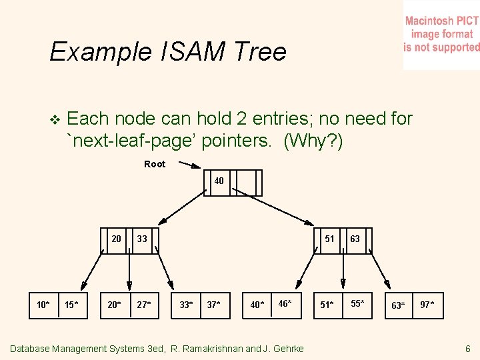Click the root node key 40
219,181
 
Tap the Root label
155,164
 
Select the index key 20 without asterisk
116,239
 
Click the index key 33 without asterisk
142,239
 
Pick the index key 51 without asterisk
329,239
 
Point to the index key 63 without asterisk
355,239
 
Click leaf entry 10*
43,305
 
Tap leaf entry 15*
71,305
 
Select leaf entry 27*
143,305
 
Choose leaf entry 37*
214,305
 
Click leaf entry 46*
285,303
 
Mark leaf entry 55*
357,303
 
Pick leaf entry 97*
427,305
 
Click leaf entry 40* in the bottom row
257,305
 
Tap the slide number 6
467,349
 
